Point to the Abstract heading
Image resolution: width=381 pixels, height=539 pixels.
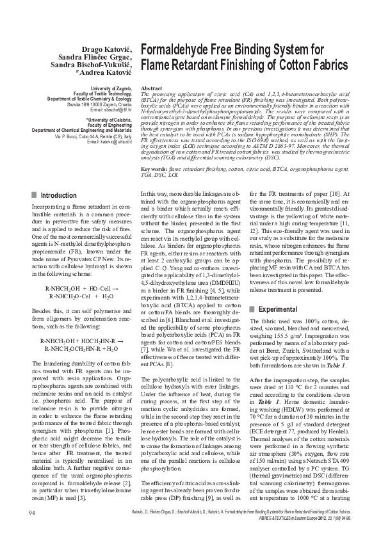coord(150,87)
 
